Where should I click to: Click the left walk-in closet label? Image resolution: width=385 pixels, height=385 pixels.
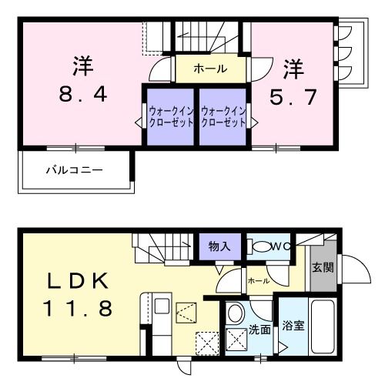pyautogui.click(x=171, y=117)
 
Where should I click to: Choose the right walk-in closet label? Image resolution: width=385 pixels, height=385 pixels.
pyautogui.click(x=224, y=117)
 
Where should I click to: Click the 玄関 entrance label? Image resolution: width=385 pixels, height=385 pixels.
pyautogui.click(x=323, y=268)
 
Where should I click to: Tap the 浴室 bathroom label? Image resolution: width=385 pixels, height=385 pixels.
pyautogui.click(x=293, y=325)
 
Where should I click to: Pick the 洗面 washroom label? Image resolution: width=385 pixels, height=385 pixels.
pyautogui.click(x=259, y=330)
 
